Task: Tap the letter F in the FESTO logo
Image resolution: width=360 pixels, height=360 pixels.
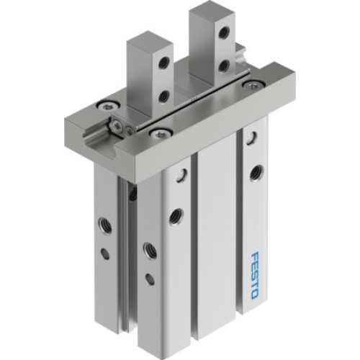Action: [259, 253]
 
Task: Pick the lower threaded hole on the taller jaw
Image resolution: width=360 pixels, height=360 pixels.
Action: [225, 66]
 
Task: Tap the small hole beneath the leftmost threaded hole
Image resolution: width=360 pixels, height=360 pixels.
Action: [107, 253]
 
